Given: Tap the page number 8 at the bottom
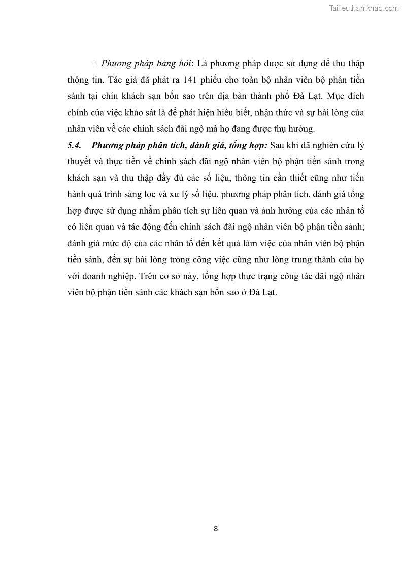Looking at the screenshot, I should tap(216, 528).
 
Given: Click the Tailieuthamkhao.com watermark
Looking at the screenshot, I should tap(364, 8).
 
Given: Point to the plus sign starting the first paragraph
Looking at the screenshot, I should tap(93, 64).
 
